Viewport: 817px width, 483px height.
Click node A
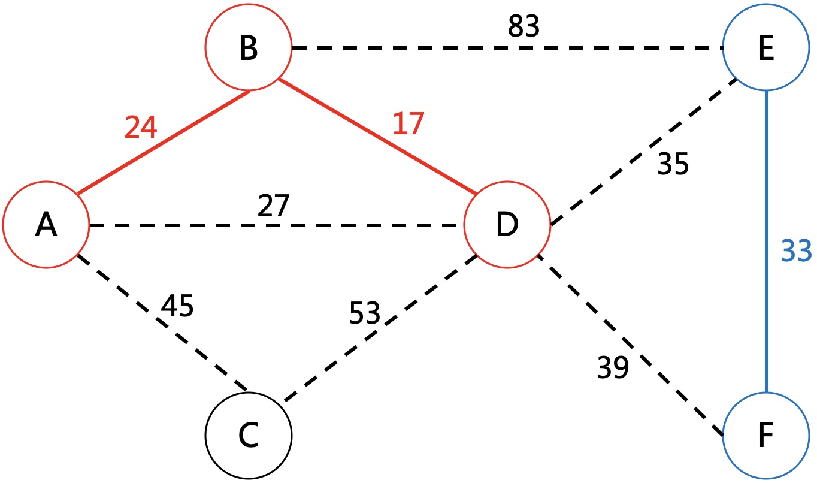click(x=46, y=225)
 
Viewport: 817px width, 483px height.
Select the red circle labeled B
click(x=248, y=47)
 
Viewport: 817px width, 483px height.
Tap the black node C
click(x=248, y=436)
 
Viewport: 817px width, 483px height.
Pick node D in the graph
click(x=507, y=225)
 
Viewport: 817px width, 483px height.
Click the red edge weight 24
click(x=141, y=127)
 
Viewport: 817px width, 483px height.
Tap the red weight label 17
click(x=408, y=124)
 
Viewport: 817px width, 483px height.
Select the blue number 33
click(x=796, y=252)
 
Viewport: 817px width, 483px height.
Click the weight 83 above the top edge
click(x=524, y=26)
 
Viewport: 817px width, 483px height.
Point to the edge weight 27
click(x=274, y=207)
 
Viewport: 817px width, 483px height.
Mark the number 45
click(x=177, y=306)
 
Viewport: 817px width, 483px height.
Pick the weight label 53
click(x=364, y=312)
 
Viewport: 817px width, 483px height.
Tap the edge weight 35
click(x=673, y=165)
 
